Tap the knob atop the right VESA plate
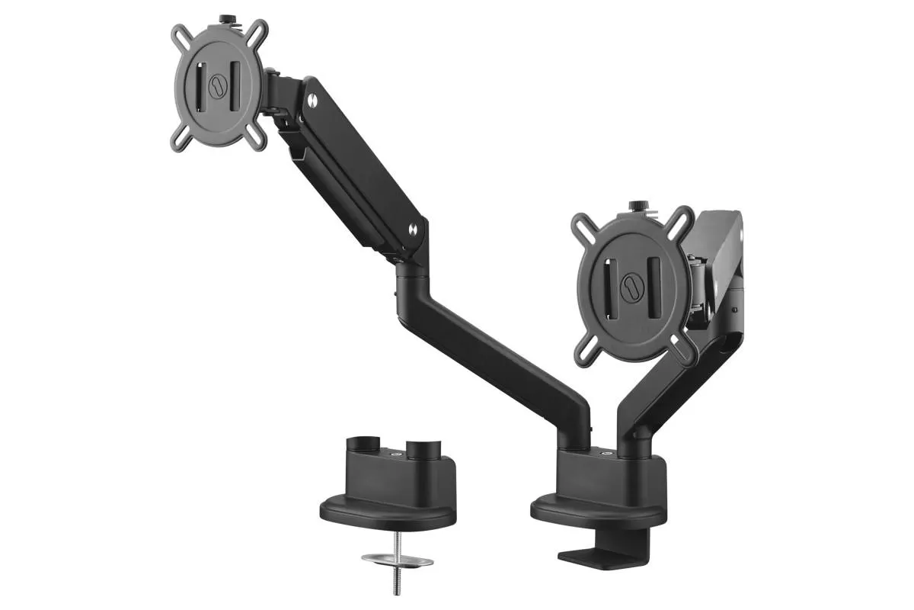(x=635, y=207)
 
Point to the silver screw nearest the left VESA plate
(x=312, y=98)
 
